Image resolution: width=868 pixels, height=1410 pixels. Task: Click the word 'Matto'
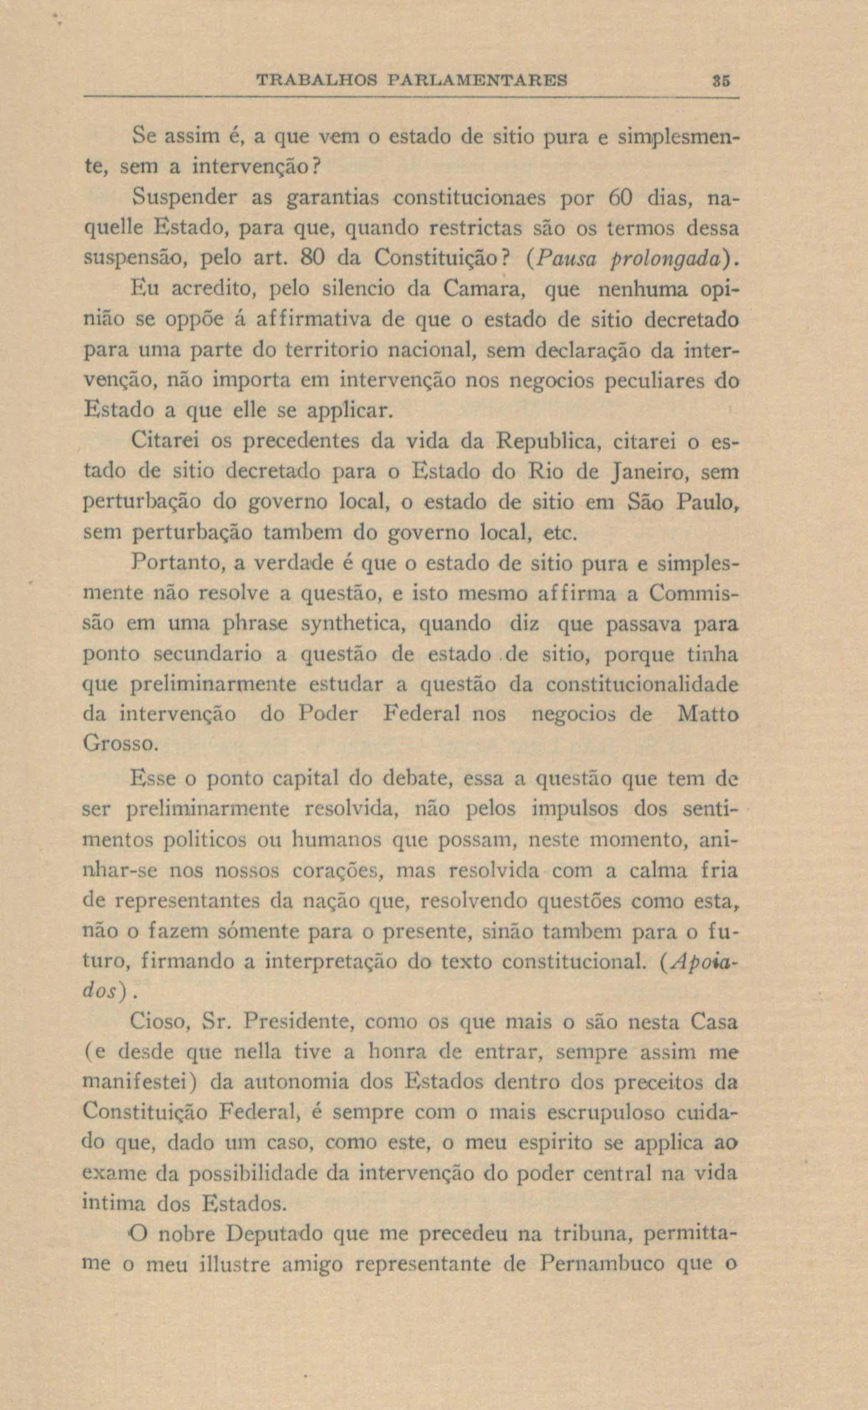coord(708,714)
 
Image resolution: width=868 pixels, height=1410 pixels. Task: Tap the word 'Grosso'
coord(119,745)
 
